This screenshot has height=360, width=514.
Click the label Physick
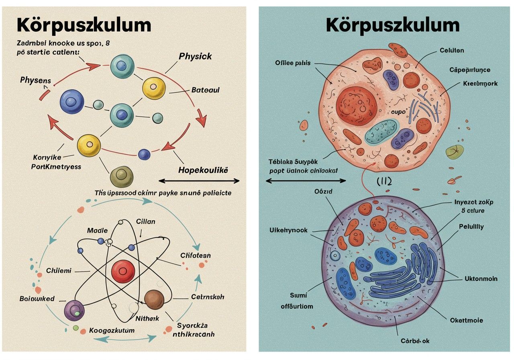195,56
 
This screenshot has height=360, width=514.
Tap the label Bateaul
205,90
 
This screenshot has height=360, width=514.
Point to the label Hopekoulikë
203,170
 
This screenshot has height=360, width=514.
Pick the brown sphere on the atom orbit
155,300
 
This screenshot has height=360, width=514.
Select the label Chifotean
196,255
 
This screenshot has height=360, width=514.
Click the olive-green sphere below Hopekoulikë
121,176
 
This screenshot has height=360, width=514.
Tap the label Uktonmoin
481,278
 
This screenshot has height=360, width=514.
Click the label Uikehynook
288,230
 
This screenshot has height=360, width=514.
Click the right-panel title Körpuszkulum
392,25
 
